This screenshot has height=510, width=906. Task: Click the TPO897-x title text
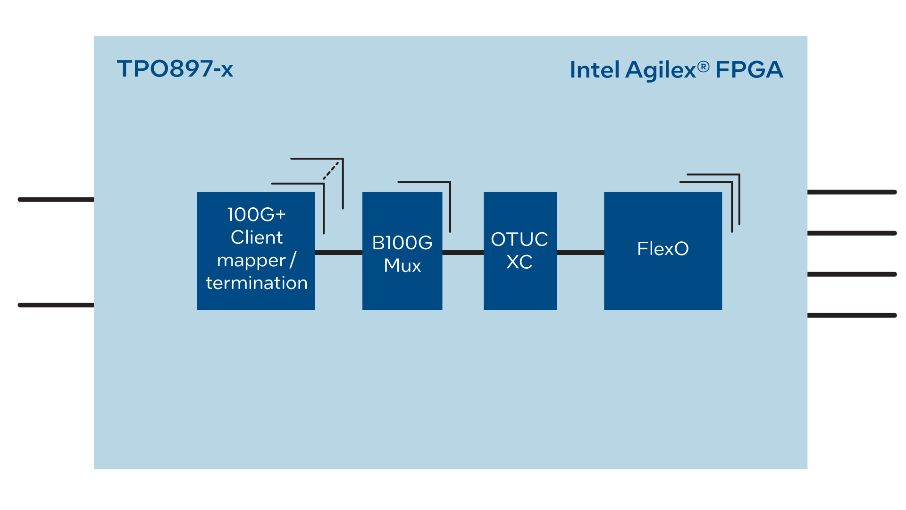(175, 69)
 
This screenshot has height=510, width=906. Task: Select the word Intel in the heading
(594, 70)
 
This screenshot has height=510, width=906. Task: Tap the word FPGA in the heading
(749, 70)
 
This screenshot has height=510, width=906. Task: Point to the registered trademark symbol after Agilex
(703, 67)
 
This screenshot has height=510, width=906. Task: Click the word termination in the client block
(257, 283)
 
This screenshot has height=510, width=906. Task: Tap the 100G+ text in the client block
(256, 214)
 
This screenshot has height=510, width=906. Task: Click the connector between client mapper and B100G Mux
(338, 253)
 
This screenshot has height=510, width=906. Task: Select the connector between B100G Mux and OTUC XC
(463, 253)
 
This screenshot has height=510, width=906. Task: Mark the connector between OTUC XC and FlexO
(580, 253)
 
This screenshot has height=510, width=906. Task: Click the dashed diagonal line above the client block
(331, 171)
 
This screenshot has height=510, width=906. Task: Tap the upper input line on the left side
(56, 199)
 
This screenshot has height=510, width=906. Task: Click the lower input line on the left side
(56, 305)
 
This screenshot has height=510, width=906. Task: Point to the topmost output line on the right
(852, 192)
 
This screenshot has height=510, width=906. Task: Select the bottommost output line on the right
(852, 315)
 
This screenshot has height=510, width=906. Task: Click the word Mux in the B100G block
(402, 265)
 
